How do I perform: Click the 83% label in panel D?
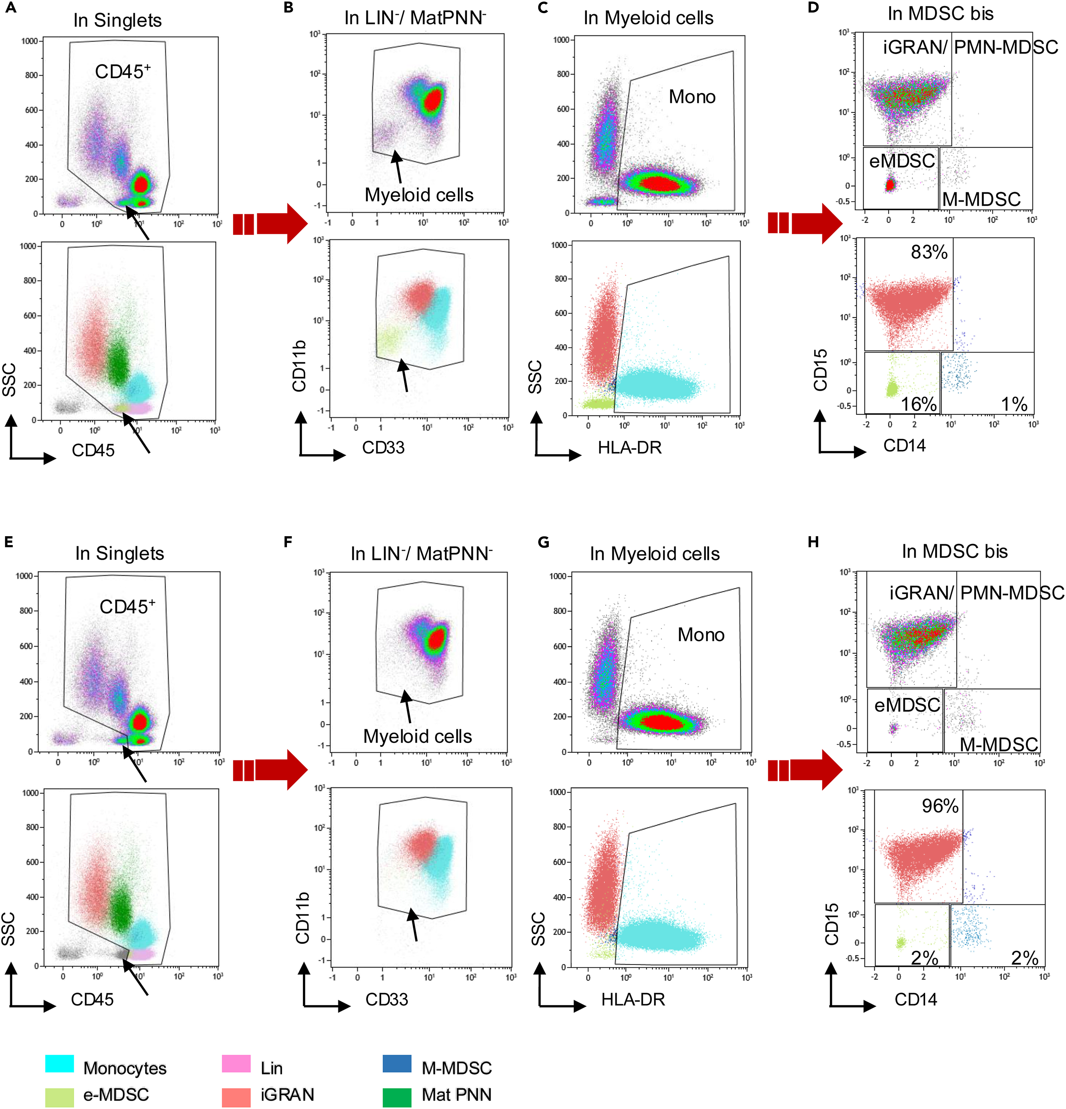click(929, 252)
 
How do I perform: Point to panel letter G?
click(543, 542)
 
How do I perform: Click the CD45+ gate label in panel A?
click(123, 71)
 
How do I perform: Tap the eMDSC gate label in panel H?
click(907, 705)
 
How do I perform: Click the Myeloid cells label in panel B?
click(419, 195)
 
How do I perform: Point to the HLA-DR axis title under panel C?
click(630, 447)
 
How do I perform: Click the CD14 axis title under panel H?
click(916, 1000)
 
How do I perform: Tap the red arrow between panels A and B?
click(270, 224)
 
